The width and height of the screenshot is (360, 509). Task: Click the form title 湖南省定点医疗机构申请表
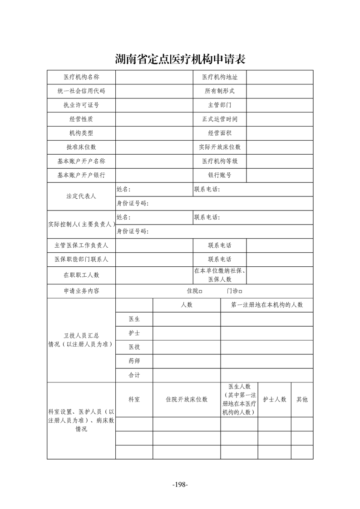click(180, 59)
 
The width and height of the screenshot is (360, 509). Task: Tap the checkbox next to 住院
click(201, 291)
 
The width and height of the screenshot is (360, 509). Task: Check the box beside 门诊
click(241, 291)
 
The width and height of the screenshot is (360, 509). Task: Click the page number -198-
click(180, 485)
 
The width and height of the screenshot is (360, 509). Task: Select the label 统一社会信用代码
click(81, 91)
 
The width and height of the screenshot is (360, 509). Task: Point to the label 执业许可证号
click(81, 105)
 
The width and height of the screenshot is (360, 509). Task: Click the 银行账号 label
click(220, 175)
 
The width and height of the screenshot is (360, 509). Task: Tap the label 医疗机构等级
click(220, 161)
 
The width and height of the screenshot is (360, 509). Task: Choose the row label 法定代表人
click(81, 196)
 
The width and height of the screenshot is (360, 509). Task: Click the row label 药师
click(134, 361)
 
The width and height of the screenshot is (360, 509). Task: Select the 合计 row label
click(134, 375)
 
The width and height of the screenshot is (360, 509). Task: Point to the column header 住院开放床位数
click(187, 399)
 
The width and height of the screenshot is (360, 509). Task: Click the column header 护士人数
click(275, 399)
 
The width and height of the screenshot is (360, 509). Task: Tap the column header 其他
click(302, 399)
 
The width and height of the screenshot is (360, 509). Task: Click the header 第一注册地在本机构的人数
click(267, 305)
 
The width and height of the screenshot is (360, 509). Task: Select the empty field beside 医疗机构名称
click(154, 77)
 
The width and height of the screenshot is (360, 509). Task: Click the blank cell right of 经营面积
click(280, 133)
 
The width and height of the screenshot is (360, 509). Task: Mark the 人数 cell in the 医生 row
click(187, 319)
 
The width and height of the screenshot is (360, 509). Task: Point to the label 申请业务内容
click(81, 291)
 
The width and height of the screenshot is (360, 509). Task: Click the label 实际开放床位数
click(220, 147)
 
